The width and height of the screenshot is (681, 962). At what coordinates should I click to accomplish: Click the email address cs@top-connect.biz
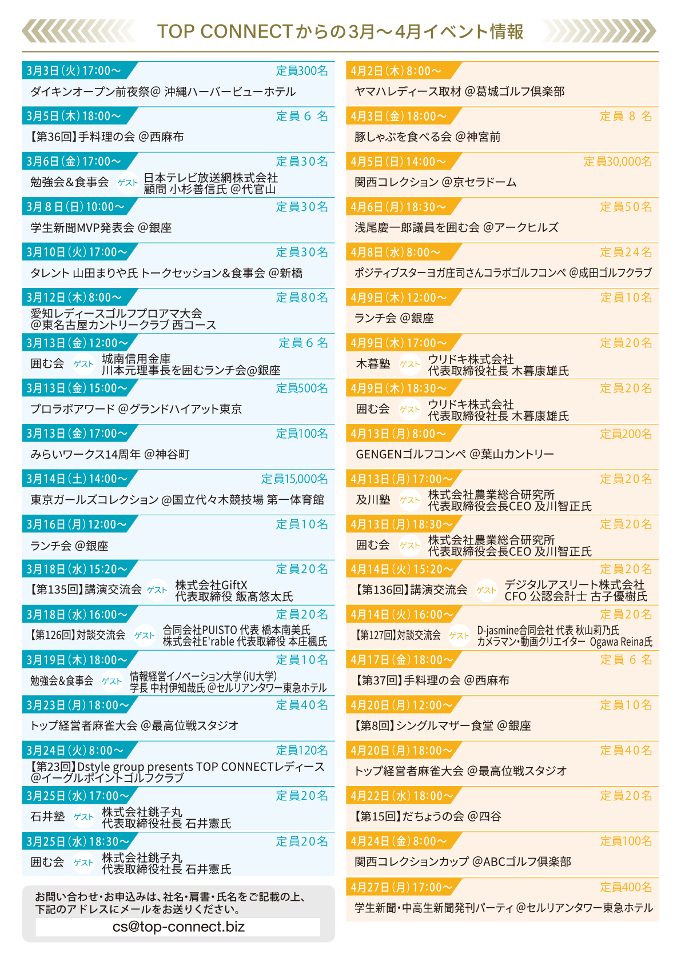(x=178, y=927)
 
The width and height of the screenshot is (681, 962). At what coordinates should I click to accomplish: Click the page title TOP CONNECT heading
(x=340, y=31)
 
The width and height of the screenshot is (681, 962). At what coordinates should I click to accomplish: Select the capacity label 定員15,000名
(x=294, y=479)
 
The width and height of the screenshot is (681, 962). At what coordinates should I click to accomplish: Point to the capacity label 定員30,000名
(x=618, y=162)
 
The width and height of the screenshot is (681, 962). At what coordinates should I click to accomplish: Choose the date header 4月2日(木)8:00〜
(x=396, y=71)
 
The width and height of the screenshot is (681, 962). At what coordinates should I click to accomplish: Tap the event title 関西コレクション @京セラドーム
(x=436, y=182)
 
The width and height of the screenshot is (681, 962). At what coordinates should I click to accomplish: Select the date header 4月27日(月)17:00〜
(x=402, y=887)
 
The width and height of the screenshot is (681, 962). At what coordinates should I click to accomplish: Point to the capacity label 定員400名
(x=626, y=887)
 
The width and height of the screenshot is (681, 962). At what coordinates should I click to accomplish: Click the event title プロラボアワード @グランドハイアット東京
(x=136, y=409)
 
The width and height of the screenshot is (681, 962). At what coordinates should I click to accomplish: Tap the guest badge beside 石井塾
(x=83, y=817)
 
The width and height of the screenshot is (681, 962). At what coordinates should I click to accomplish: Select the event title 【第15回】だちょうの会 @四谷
(x=428, y=816)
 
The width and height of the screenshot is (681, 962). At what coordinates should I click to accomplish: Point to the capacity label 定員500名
(x=302, y=388)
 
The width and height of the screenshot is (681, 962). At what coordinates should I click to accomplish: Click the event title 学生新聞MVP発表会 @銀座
(x=101, y=227)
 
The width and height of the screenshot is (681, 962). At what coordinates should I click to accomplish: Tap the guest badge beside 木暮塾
(x=410, y=364)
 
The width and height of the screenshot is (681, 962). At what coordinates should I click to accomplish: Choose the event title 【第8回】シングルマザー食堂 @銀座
(x=443, y=725)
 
